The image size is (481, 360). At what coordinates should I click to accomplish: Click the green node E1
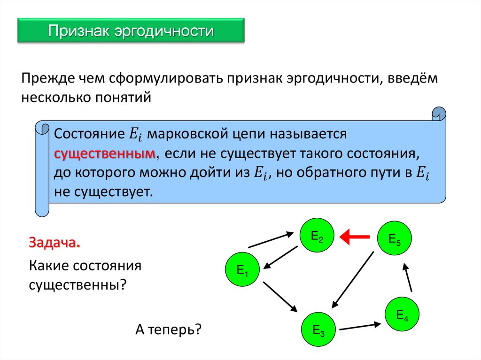243,270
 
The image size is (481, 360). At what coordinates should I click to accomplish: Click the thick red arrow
355,237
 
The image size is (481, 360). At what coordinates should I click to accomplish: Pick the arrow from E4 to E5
408,277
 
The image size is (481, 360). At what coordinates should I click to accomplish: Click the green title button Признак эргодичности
131,31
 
